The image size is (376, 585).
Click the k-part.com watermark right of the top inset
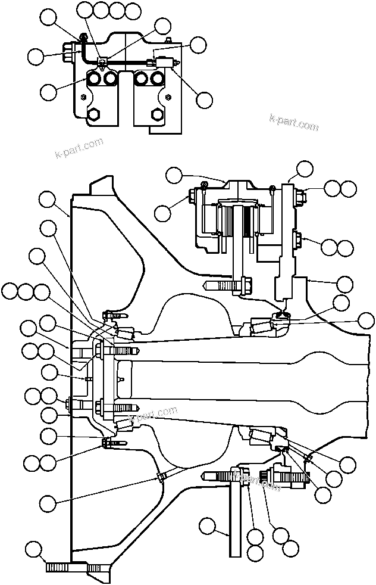(x=293, y=122)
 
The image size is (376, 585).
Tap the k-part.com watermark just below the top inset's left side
(x=79, y=148)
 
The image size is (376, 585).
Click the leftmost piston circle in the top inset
(x=94, y=79)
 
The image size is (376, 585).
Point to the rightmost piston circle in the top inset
(x=157, y=79)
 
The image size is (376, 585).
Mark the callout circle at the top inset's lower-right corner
(x=204, y=100)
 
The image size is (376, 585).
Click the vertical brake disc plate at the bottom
(x=236, y=524)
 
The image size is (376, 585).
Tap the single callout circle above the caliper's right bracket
(x=305, y=168)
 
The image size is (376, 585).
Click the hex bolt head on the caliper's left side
(x=195, y=196)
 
